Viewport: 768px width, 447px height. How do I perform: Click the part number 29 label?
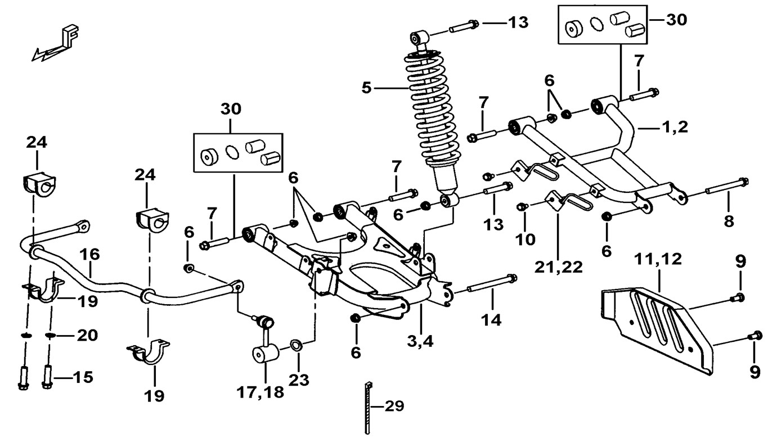click(x=394, y=406)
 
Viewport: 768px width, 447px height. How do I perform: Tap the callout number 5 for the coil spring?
click(x=367, y=88)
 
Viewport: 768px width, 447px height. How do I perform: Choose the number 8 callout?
click(x=729, y=221)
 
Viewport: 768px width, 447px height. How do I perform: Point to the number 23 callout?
click(x=299, y=380)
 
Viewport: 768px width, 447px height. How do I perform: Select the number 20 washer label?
click(x=87, y=336)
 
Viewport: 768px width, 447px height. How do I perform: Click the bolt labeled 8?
click(x=724, y=187)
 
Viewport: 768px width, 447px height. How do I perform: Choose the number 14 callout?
click(x=491, y=320)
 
